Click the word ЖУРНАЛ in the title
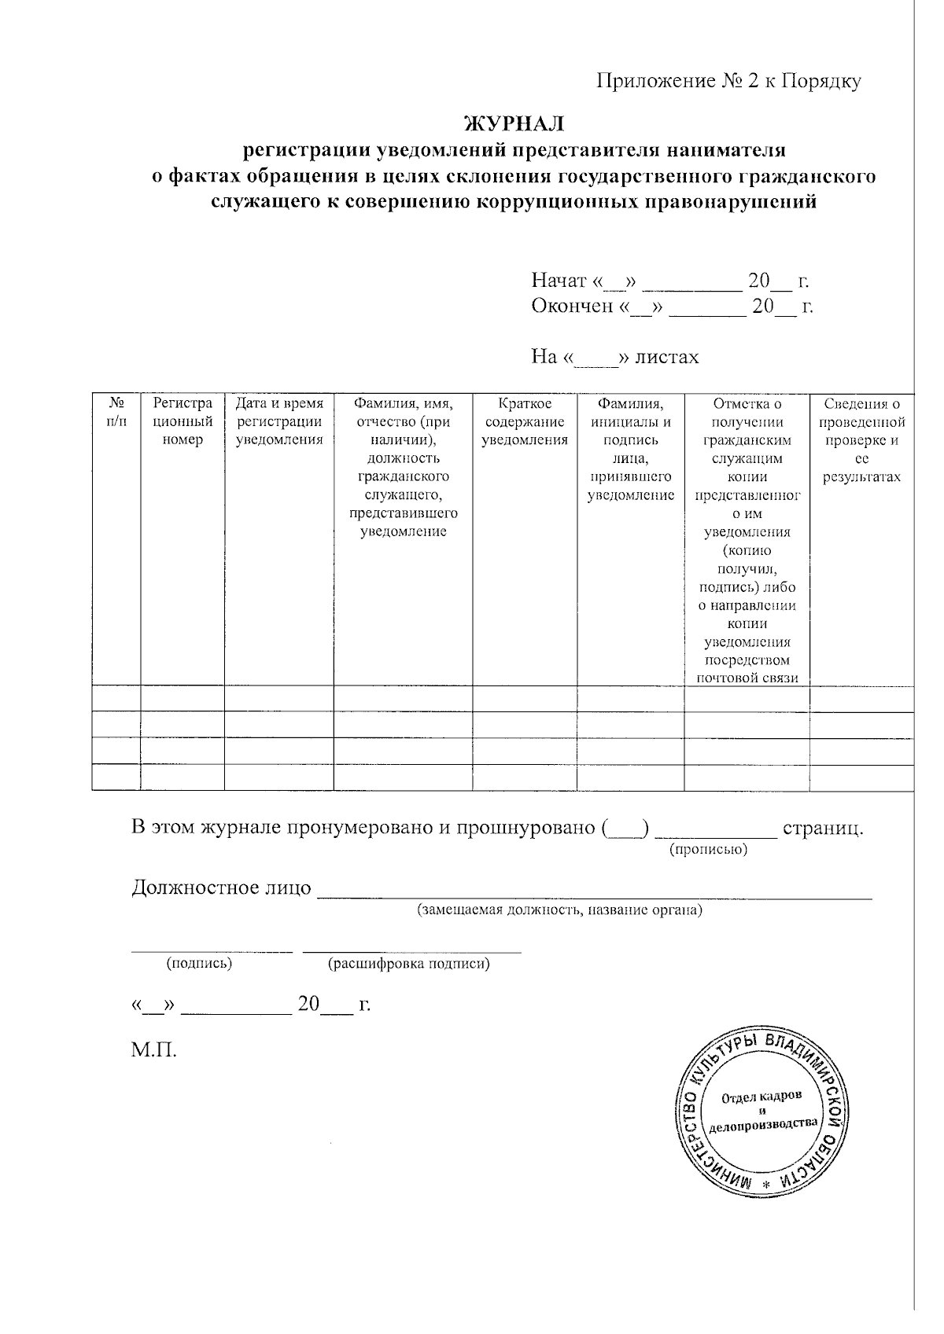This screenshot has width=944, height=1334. (x=514, y=124)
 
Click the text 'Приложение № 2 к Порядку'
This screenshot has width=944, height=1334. (x=728, y=81)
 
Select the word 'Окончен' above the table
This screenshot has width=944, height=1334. (x=572, y=306)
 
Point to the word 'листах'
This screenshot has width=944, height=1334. (x=667, y=357)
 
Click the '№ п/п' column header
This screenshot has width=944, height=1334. (x=116, y=412)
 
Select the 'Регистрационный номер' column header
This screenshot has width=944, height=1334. (x=183, y=421)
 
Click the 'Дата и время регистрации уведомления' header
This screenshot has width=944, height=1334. (x=279, y=421)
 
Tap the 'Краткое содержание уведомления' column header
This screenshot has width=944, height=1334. (x=525, y=421)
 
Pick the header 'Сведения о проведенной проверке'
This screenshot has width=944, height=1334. (x=861, y=440)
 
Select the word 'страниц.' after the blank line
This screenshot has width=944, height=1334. (x=823, y=828)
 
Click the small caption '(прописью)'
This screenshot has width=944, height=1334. (x=708, y=850)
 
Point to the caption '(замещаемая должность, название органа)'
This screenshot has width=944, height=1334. (x=559, y=910)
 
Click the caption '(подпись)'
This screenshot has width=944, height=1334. (x=198, y=963)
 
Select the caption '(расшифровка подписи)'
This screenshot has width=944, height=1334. (x=409, y=963)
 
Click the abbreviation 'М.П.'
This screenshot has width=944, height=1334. (x=153, y=1049)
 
